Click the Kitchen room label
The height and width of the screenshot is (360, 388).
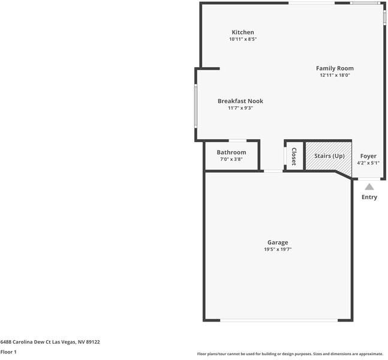pyautogui.click(x=243, y=32)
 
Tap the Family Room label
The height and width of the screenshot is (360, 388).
pyautogui.click(x=335, y=68)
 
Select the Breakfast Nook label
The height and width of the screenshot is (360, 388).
pyautogui.click(x=240, y=101)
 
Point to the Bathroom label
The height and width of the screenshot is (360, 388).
pyautogui.click(x=231, y=152)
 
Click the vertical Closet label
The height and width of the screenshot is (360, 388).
pyautogui.click(x=294, y=156)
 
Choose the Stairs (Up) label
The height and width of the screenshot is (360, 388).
pyautogui.click(x=329, y=156)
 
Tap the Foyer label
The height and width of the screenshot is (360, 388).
pyautogui.click(x=368, y=156)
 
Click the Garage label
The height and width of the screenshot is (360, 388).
pyautogui.click(x=278, y=242)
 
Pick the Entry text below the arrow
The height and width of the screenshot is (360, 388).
pyautogui.click(x=369, y=197)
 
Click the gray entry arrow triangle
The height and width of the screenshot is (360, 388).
pyautogui.click(x=369, y=187)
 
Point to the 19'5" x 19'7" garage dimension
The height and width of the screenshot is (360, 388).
pyautogui.click(x=278, y=250)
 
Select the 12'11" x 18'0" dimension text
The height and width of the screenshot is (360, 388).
pyautogui.click(x=335, y=76)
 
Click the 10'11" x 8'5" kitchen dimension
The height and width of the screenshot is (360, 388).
pyautogui.click(x=243, y=40)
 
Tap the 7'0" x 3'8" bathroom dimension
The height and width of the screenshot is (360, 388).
pyautogui.click(x=231, y=160)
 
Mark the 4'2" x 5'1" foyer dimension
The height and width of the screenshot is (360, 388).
pyautogui.click(x=368, y=163)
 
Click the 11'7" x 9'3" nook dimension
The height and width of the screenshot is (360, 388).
pyautogui.click(x=240, y=109)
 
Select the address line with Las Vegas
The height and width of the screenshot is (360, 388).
pyautogui.click(x=50, y=342)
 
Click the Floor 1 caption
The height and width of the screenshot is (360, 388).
pyautogui.click(x=8, y=352)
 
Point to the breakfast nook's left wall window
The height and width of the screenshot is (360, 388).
pyautogui.click(x=195, y=106)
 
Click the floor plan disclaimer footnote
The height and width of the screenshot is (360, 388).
pyautogui.click(x=290, y=354)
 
